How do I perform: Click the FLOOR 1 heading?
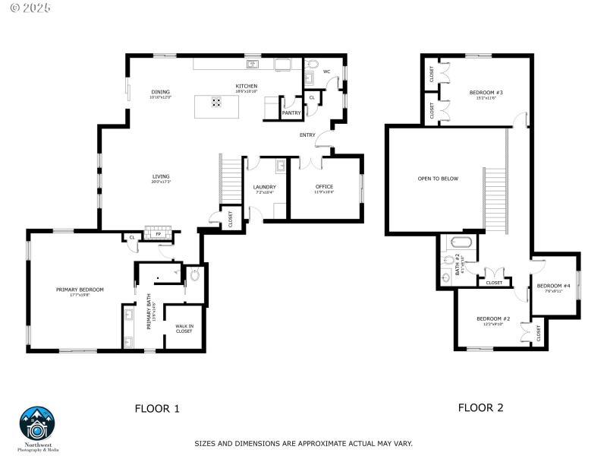[x=157, y=408]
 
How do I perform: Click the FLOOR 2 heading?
[x=480, y=407]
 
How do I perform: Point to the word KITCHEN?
[x=246, y=86]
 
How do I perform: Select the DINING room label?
[x=160, y=92]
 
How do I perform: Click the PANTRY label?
[x=291, y=112]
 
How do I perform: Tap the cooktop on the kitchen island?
[x=217, y=103]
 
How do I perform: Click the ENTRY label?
[x=307, y=135]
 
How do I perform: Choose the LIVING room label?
[x=160, y=176]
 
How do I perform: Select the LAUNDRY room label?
[x=264, y=187]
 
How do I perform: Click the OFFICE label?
[x=324, y=187]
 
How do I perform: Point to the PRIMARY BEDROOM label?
[x=80, y=290]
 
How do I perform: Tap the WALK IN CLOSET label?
[x=184, y=328]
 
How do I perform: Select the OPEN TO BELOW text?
[x=438, y=179]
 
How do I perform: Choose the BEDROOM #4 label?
[x=553, y=286]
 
